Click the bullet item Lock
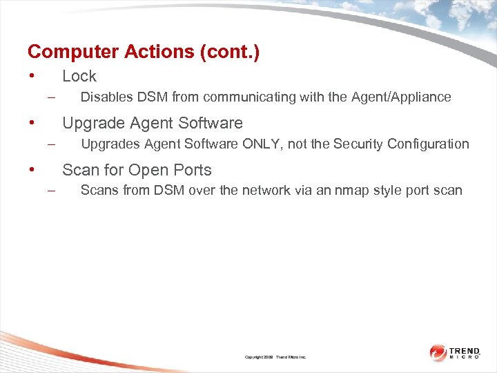pyautogui.click(x=79, y=77)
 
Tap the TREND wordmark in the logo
pyautogui.click(x=465, y=350)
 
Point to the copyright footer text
pyautogui.click(x=275, y=357)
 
